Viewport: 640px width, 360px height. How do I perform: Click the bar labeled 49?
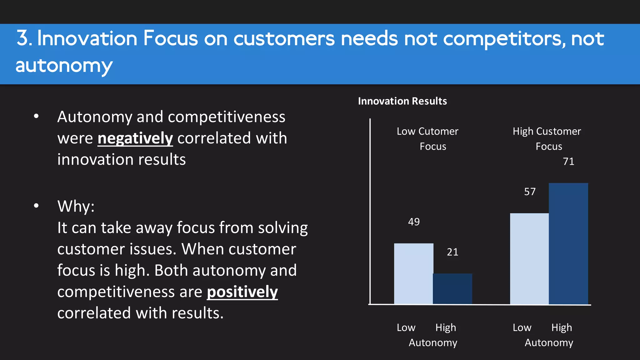tap(413, 273)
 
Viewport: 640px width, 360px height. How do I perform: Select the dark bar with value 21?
tap(452, 288)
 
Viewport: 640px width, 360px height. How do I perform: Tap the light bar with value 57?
tap(529, 258)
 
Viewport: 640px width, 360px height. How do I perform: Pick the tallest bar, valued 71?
tap(568, 243)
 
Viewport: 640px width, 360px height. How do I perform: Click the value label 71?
tap(568, 162)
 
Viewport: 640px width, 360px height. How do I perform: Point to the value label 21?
tap(452, 252)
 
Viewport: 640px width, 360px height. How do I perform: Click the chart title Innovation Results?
tap(402, 101)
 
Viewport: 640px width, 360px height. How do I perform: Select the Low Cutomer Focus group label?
tap(427, 139)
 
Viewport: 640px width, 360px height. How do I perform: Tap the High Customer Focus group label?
tap(547, 139)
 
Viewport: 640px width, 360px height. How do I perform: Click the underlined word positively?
tap(242, 292)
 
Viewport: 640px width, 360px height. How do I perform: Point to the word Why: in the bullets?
tap(76, 206)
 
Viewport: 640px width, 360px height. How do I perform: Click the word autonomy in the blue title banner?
tap(64, 66)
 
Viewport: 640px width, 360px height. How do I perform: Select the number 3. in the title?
tap(24, 38)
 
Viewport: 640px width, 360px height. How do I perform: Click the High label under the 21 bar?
tap(446, 327)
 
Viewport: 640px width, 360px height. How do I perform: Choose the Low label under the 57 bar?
tap(522, 327)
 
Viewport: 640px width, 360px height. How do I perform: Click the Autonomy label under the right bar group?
tap(549, 343)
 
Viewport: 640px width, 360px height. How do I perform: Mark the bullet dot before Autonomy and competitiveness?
tap(36, 117)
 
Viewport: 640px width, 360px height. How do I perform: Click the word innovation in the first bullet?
tap(95, 160)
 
